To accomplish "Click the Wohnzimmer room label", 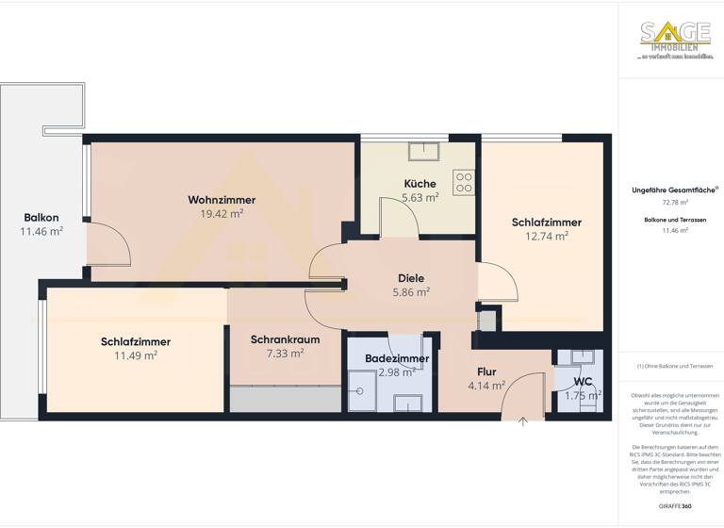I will (222, 200).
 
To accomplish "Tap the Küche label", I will (420, 183).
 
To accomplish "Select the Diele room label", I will (411, 278).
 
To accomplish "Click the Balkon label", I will (41, 218).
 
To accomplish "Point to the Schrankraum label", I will (285, 339).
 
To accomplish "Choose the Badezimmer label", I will (397, 358).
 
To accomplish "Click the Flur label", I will (486, 371).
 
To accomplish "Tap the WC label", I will (583, 381).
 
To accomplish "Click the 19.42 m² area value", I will (222, 214).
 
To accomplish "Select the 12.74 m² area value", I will (547, 237).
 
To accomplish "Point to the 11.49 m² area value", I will (136, 355).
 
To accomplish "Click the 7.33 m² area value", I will (285, 354).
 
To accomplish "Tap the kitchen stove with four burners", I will (463, 181).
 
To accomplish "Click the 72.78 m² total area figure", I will (674, 202).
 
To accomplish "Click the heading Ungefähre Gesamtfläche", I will (674, 190).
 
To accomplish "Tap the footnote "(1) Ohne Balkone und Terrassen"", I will (674, 366).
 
